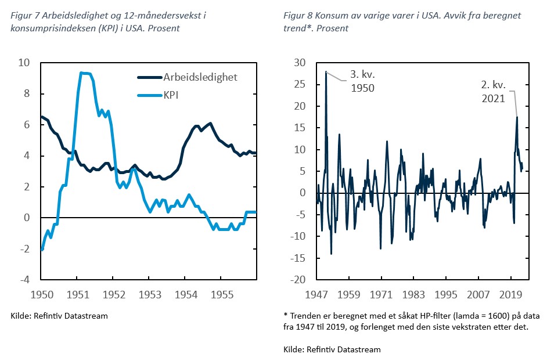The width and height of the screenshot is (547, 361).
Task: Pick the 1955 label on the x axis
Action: pos(221,294)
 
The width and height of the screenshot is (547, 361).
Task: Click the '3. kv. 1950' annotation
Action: pos(361,81)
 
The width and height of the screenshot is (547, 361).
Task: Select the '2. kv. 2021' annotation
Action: pos(494,92)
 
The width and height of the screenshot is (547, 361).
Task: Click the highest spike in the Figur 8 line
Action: pos(326,72)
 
